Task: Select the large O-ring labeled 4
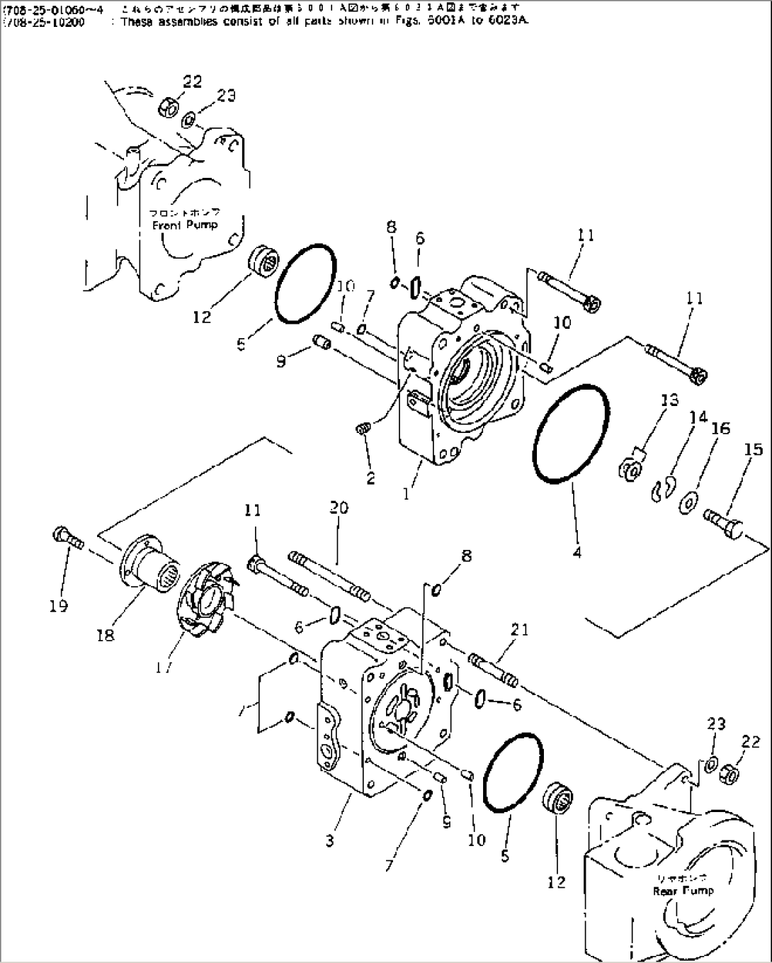pyautogui.click(x=570, y=432)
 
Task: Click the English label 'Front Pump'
pyautogui.click(x=185, y=225)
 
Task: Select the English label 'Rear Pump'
pyautogui.click(x=683, y=891)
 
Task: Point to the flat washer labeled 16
pyautogui.click(x=688, y=505)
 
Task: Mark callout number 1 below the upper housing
pyautogui.click(x=407, y=494)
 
